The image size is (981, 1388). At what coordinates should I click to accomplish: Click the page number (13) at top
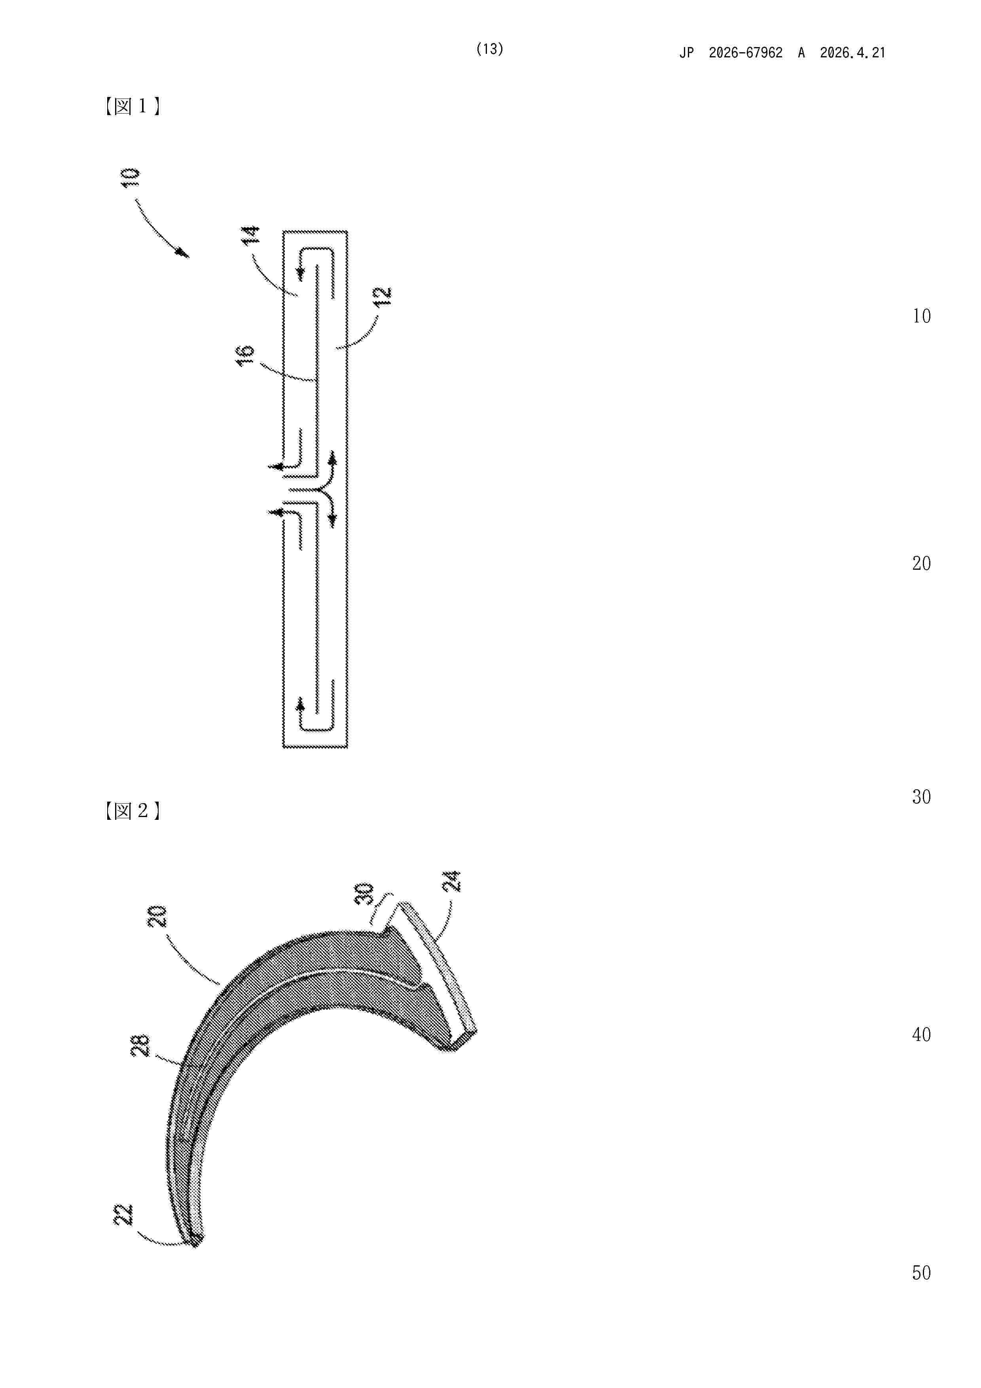(x=490, y=49)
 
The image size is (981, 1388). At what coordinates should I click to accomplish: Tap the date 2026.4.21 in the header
(x=852, y=53)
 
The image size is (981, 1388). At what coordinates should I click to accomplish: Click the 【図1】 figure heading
(x=131, y=107)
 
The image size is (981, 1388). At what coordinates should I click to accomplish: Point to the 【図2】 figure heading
(x=131, y=811)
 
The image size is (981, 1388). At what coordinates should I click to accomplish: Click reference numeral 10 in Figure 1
(x=131, y=177)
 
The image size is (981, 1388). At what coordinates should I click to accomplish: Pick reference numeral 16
(x=245, y=355)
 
